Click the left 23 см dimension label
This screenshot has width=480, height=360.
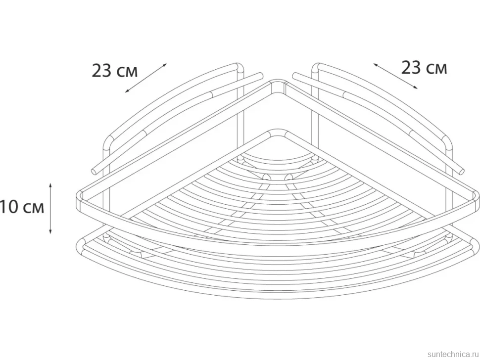[115, 71]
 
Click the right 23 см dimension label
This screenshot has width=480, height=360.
[424, 68]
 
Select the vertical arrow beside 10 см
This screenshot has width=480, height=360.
[50, 209]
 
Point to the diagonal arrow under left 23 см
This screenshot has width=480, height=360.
[146, 78]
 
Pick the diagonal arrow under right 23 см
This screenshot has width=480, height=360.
[395, 76]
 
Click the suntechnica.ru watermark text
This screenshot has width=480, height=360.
[453, 354]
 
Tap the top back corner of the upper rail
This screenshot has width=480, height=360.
[278, 82]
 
